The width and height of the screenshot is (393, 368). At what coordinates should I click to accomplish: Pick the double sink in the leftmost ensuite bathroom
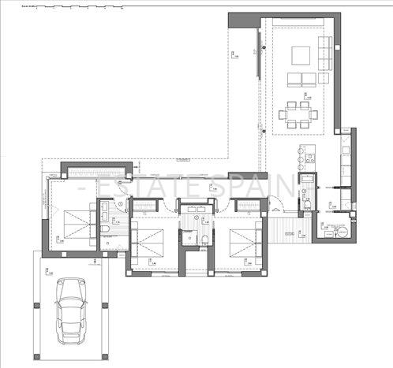[105, 210]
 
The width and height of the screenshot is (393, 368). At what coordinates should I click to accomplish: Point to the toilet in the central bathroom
[203, 240]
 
